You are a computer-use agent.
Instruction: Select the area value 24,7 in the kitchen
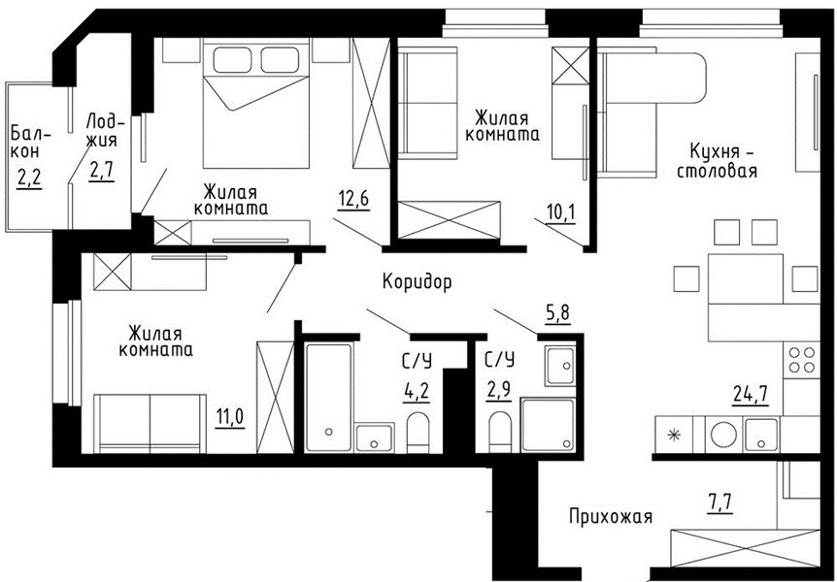coord(750,395)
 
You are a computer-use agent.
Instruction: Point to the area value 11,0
coord(230,416)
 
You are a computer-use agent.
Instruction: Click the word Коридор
coord(417,281)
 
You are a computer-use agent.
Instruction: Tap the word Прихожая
coord(611,516)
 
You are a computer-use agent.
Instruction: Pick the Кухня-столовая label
coord(717,161)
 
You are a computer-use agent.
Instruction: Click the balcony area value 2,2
coord(29,178)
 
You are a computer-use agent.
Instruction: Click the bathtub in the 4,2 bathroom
coord(328,398)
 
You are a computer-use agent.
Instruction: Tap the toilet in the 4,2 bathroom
coord(418,432)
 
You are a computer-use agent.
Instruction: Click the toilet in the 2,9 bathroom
coord(500,432)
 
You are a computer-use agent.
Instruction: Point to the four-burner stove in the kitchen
coord(802,360)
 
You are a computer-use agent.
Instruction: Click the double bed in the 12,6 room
coord(256,106)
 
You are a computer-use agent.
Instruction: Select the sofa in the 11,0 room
coord(150,424)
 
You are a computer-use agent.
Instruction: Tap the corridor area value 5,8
coord(557,313)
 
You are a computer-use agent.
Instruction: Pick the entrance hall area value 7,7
coord(720,502)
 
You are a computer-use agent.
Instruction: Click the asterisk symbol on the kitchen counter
coord(675,436)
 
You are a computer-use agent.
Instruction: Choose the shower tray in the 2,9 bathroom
coord(547,425)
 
